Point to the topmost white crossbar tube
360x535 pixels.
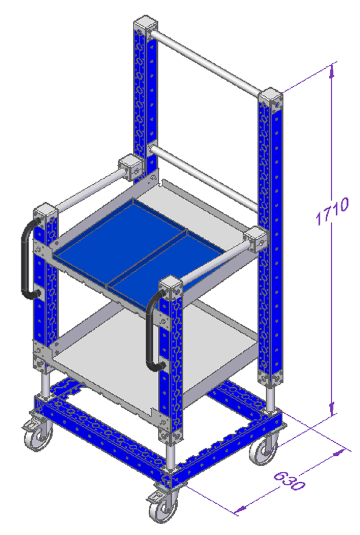(205, 63)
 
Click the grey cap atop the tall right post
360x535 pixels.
(270, 95)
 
